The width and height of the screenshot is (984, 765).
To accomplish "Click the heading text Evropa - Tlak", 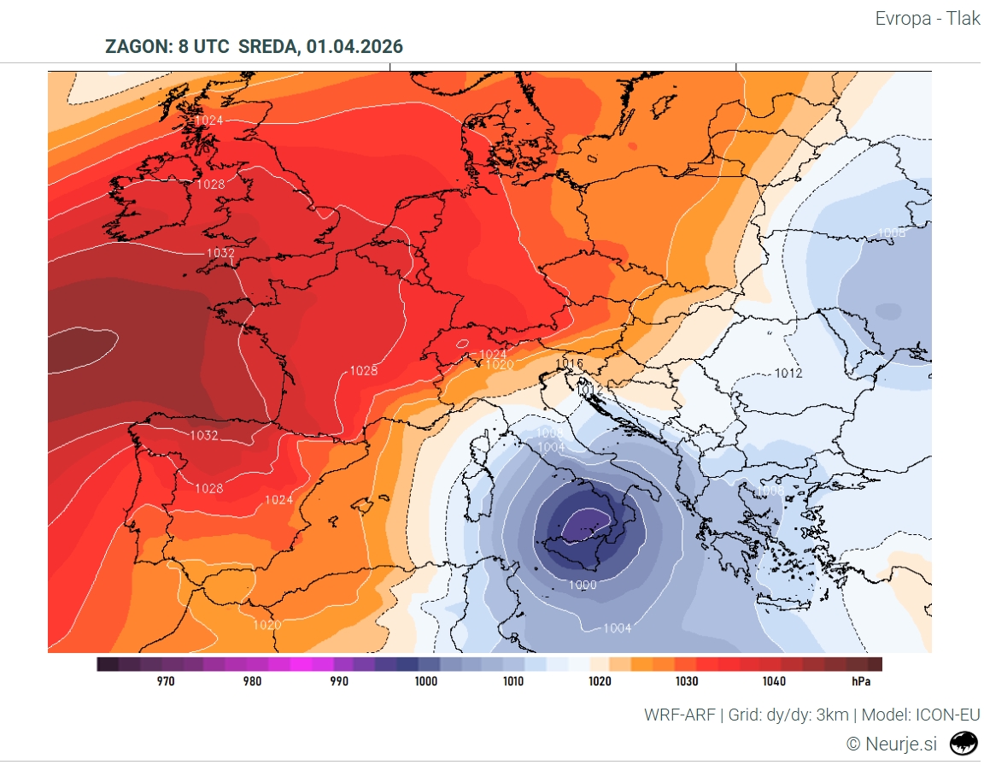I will point(928,18).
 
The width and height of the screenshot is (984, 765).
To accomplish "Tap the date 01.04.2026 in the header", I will point(354,46).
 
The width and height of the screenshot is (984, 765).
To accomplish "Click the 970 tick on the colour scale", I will point(166,681).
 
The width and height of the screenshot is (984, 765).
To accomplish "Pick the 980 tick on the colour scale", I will point(252,681).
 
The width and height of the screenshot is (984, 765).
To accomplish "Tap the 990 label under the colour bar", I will point(339,681).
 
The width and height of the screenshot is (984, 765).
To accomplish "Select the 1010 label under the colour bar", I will point(512,681).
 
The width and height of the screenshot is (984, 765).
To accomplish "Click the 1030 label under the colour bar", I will point(686,681).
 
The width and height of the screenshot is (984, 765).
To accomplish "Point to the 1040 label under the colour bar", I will point(774,681).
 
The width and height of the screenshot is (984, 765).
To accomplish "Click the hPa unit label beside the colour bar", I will point(862,681).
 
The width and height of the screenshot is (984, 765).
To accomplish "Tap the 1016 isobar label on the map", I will point(569,364).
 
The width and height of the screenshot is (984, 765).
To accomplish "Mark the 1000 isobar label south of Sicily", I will point(583,585).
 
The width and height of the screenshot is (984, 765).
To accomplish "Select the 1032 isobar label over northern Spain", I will point(204,435).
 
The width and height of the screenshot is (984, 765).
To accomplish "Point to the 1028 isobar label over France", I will point(363,371).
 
